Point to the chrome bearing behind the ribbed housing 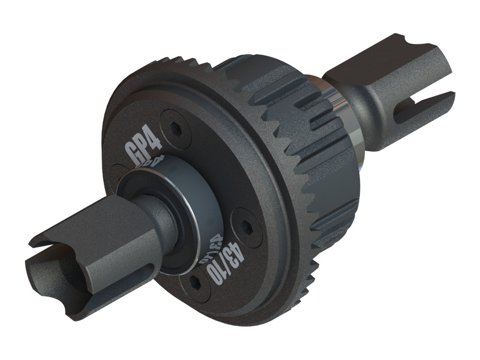(x=351, y=120)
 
